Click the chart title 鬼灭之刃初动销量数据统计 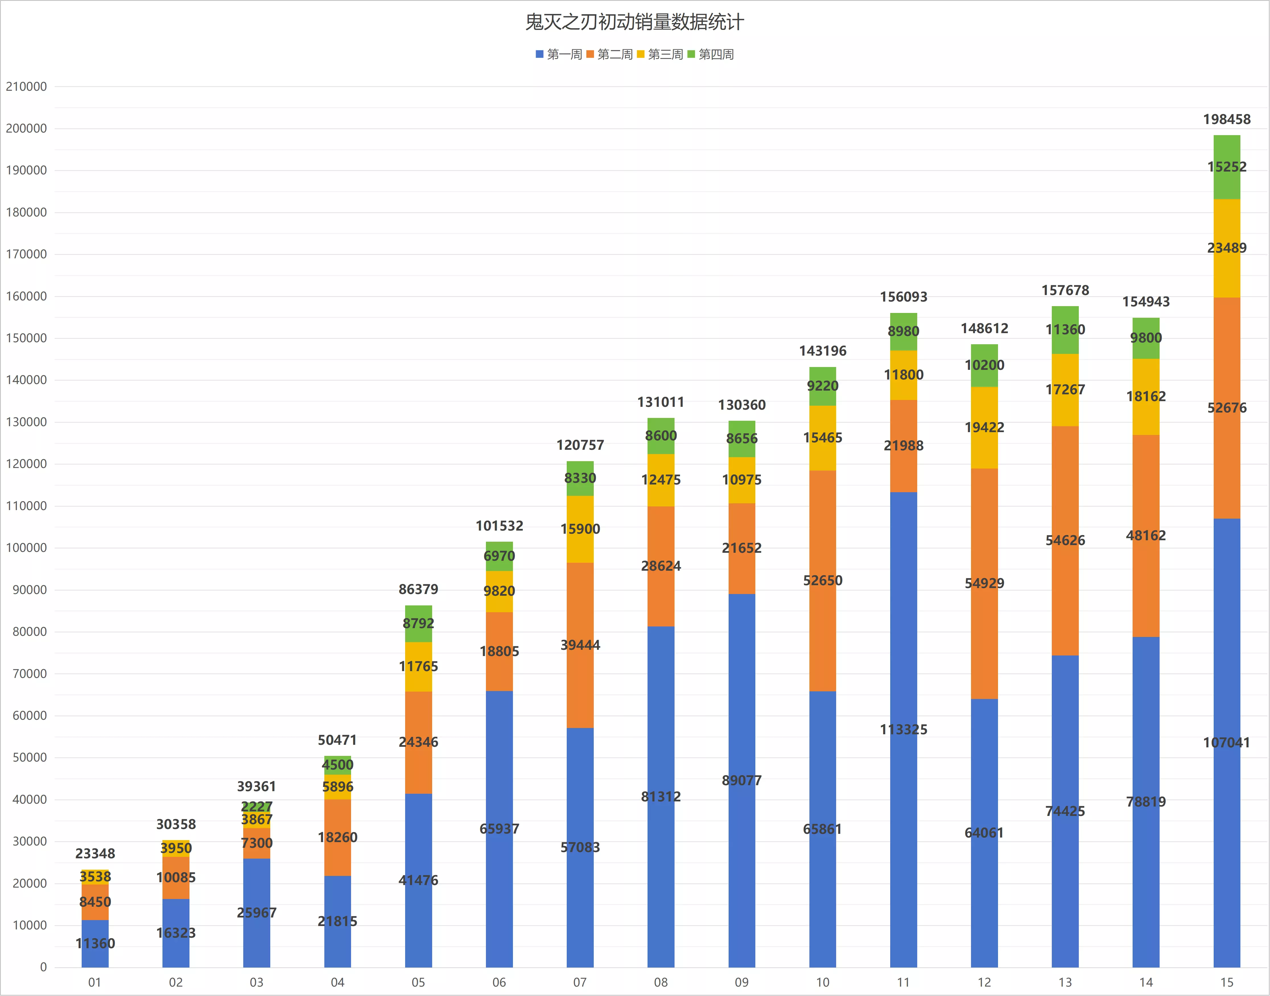click(634, 22)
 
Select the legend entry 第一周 click(559, 54)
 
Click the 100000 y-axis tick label click(26, 548)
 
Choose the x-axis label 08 click(661, 983)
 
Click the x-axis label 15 click(1227, 983)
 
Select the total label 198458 click(1227, 119)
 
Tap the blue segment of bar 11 click(903, 729)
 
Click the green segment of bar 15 click(1227, 167)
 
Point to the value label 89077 click(742, 780)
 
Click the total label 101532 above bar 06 click(499, 526)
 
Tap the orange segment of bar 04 click(338, 837)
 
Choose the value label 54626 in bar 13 click(1065, 541)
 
